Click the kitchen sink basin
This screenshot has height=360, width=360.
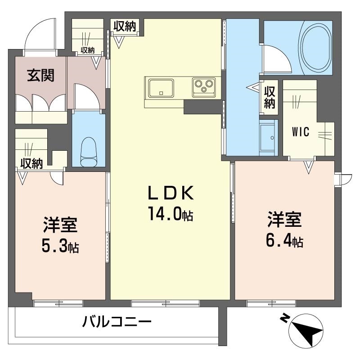click(x=160, y=87)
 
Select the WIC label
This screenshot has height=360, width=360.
click(x=300, y=132)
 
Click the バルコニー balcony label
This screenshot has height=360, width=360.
click(x=117, y=322)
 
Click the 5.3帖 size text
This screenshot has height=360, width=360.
click(x=60, y=246)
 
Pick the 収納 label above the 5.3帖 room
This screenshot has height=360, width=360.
click(x=31, y=163)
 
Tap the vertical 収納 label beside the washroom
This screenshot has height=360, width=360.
click(x=269, y=97)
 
